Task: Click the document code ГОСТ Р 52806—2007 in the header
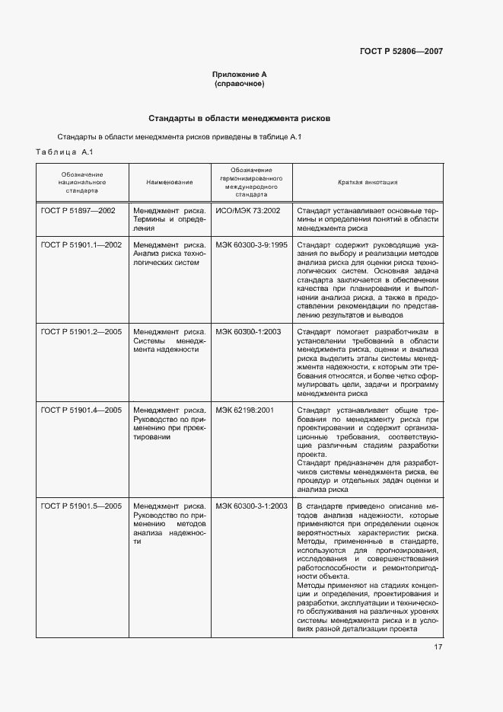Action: [x=400, y=52]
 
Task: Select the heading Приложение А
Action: [x=240, y=74]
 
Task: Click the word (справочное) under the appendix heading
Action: [x=240, y=83]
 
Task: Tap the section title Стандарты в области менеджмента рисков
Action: [x=240, y=119]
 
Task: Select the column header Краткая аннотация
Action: [x=367, y=183]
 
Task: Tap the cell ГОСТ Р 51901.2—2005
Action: [x=81, y=331]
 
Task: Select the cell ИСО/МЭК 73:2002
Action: [x=248, y=209]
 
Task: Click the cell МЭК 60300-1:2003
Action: [x=248, y=331]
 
